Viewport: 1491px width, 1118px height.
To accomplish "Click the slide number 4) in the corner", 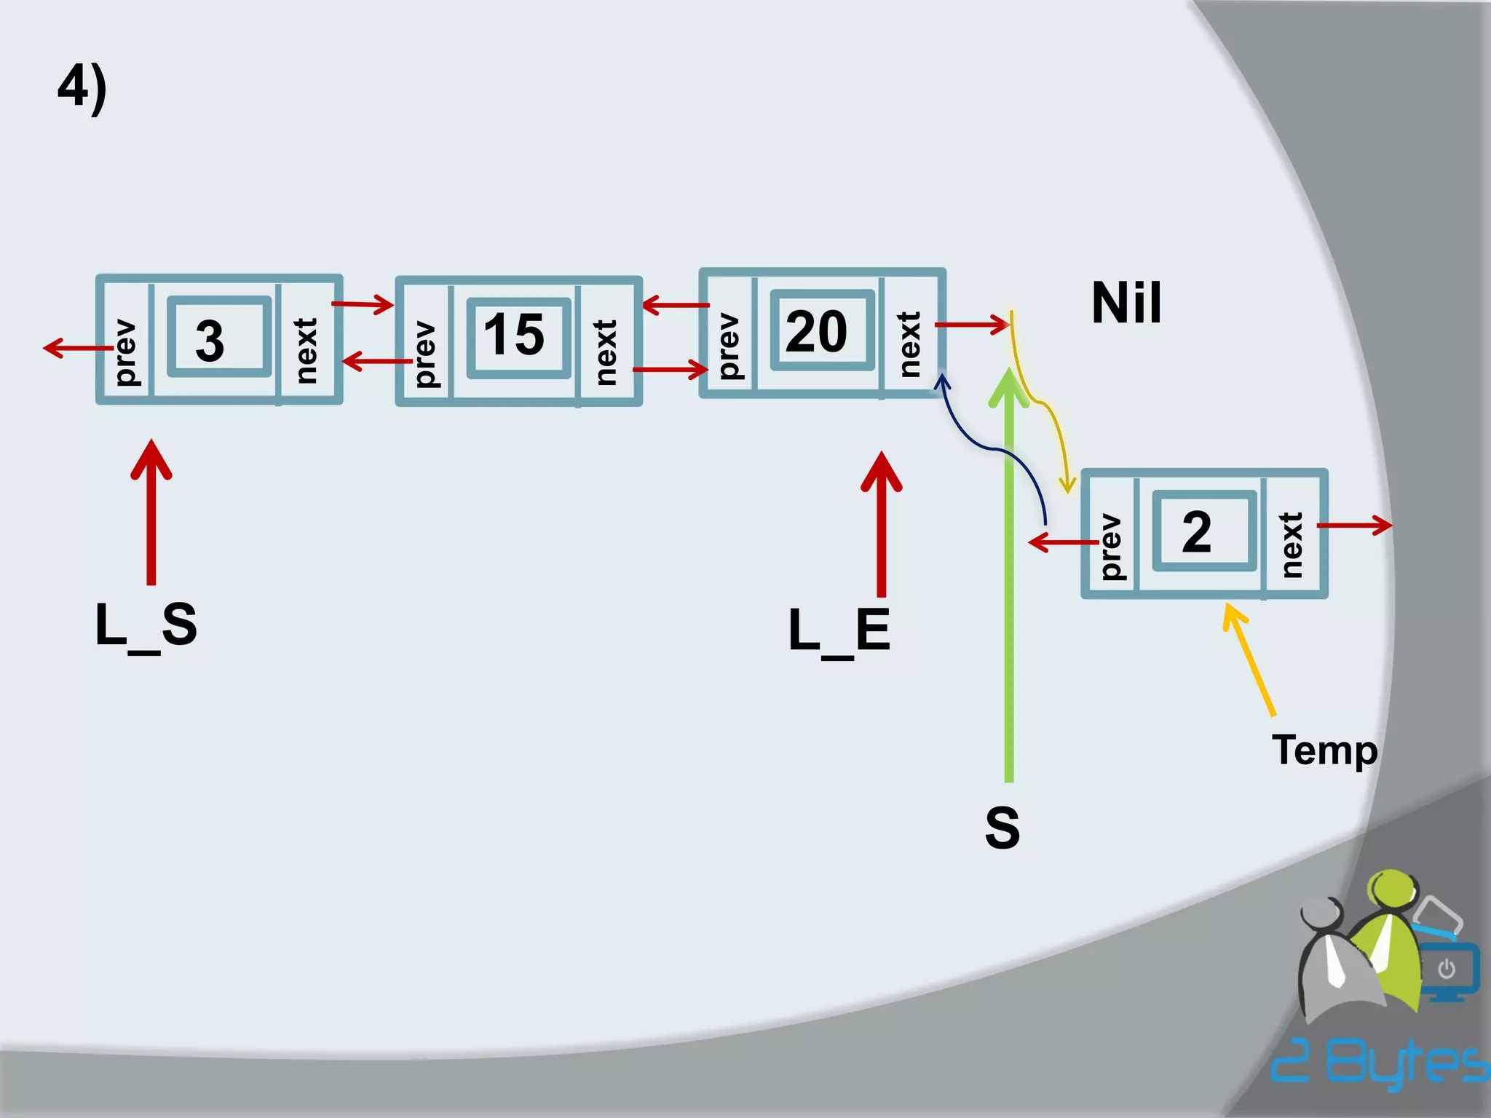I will (82, 88).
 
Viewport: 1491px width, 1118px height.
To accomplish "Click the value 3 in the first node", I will (210, 340).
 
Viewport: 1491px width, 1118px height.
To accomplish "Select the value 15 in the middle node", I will (514, 335).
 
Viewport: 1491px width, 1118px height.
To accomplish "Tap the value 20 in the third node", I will (817, 331).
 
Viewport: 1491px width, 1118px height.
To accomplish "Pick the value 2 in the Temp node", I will (1197, 532).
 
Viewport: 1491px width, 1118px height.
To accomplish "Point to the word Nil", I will (1126, 303).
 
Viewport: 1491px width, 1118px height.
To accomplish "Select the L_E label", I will (839, 631).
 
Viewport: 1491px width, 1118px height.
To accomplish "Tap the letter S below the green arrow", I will (1002, 828).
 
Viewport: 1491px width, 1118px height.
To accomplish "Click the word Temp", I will (1324, 750).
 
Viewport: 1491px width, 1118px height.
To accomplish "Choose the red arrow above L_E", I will (882, 524).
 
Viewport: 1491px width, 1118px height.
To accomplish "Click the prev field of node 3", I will (125, 351).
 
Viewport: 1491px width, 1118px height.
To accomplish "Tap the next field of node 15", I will (606, 352).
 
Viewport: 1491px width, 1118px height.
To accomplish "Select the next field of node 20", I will (910, 344).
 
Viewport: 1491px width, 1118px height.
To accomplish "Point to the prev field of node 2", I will (1110, 546).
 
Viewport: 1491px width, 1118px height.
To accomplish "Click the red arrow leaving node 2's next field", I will (1354, 525).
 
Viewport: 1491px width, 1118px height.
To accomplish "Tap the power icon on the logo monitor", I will (1447, 969).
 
